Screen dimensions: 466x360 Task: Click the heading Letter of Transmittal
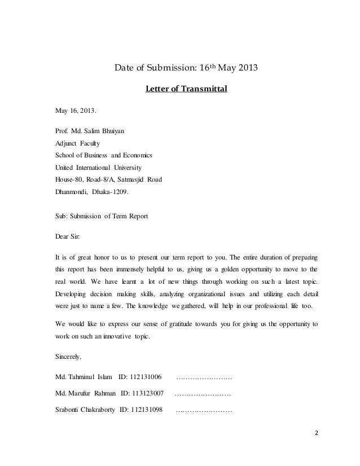pyautogui.click(x=186, y=89)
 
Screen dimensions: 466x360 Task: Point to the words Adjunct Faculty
pyautogui.click(x=77, y=144)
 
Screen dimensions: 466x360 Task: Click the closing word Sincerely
pyautogui.click(x=67, y=357)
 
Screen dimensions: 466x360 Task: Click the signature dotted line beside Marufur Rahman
pyautogui.click(x=204, y=393)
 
